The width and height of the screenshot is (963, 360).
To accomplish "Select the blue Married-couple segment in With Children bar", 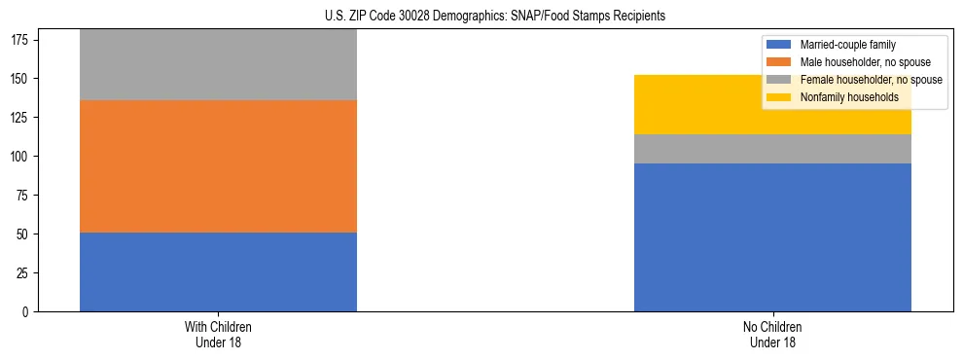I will pos(218,271).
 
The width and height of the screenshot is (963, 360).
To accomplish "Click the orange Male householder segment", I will pos(218,166).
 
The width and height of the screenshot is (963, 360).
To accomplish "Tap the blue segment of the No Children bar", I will pos(772,237).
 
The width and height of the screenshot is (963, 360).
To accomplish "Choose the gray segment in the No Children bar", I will pos(772,149).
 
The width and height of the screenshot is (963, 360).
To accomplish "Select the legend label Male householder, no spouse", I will pos(858,62).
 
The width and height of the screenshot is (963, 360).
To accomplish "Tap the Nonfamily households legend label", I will pos(843,97).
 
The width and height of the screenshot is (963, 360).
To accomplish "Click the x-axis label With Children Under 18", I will pos(218,334).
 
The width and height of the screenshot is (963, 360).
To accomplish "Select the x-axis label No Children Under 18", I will pos(772,334).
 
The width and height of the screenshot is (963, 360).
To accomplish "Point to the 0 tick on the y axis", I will pos(27,312).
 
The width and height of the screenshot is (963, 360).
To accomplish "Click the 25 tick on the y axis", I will pos(24,273).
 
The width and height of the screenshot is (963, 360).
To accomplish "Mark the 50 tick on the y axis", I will pos(24,234).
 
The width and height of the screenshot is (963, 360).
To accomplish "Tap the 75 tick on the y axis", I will pos(24,196).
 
